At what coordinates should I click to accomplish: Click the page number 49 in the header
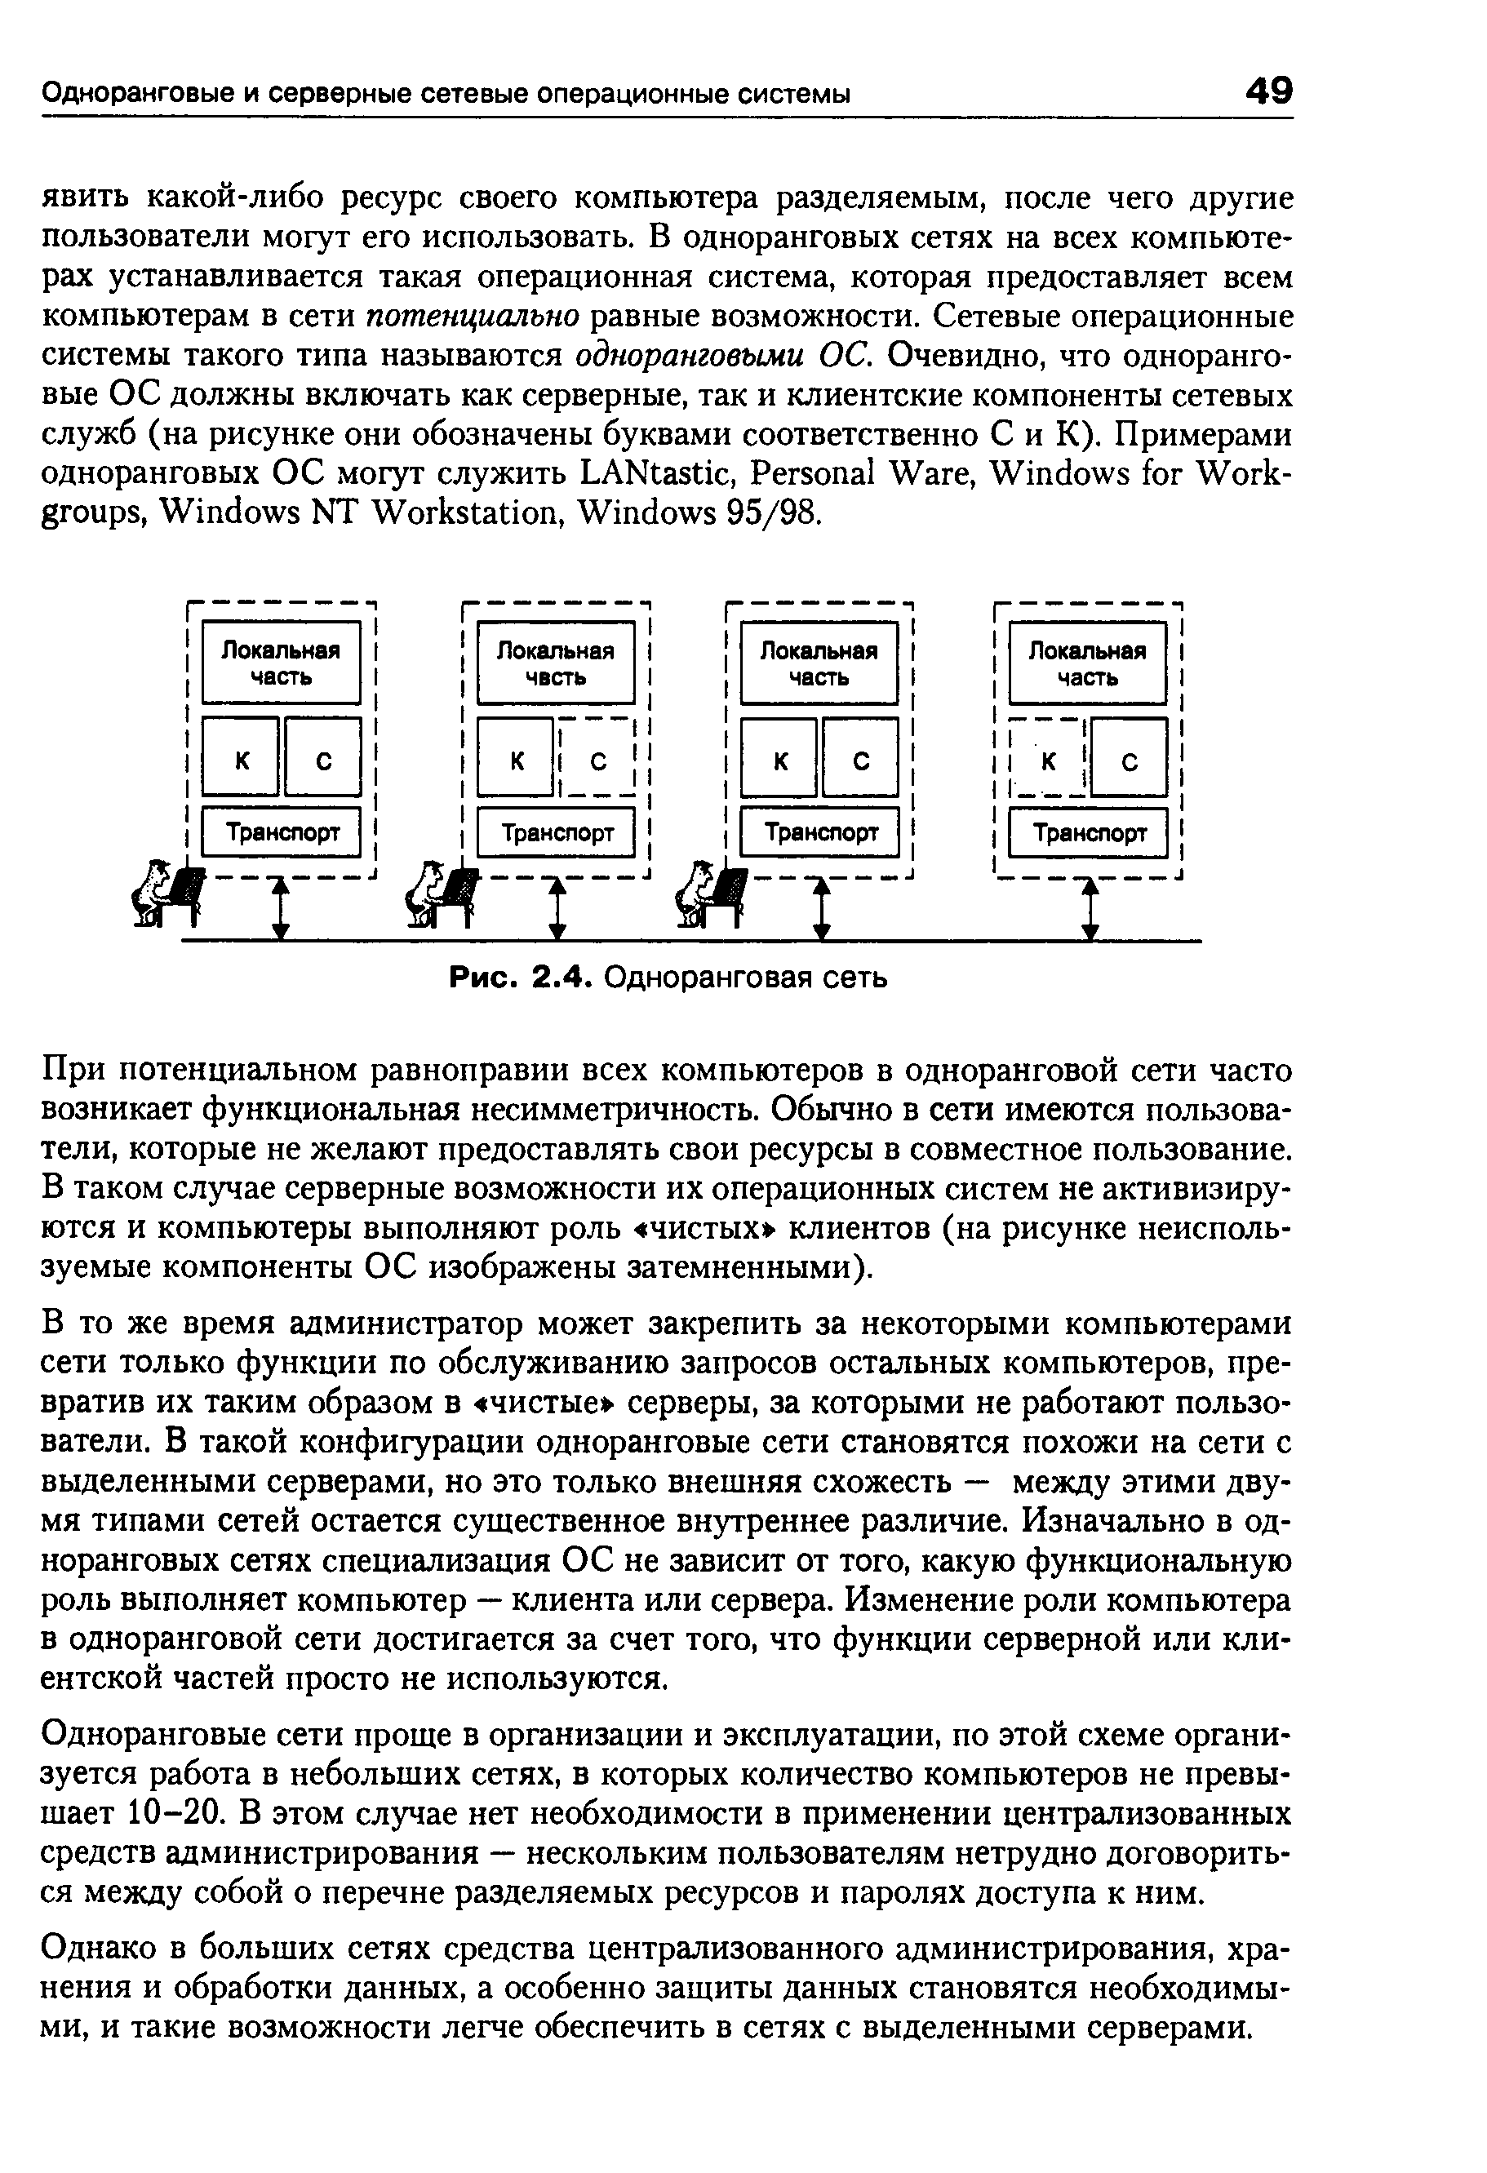(1267, 91)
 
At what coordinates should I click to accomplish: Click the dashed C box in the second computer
(597, 761)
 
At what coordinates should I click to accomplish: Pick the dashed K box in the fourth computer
(1049, 761)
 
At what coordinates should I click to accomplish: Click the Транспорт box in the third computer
(819, 832)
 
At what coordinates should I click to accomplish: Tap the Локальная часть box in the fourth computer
(1088, 663)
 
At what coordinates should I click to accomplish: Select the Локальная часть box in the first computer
(281, 663)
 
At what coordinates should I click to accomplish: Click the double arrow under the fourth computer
(1090, 908)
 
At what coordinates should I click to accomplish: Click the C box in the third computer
(861, 761)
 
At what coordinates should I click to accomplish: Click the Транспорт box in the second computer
(556, 832)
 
